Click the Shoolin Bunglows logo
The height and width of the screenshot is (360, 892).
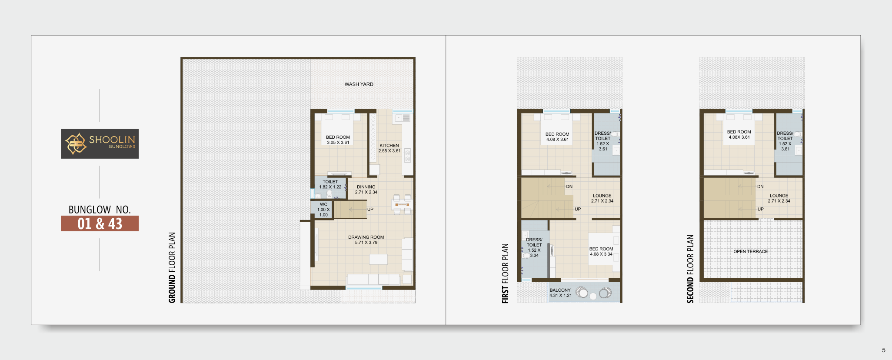click(x=100, y=143)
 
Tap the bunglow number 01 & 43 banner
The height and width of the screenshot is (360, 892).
click(x=100, y=223)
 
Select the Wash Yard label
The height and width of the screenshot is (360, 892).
click(x=359, y=84)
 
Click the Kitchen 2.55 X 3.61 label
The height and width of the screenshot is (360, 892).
click(x=389, y=148)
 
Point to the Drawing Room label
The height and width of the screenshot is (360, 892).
click(x=366, y=237)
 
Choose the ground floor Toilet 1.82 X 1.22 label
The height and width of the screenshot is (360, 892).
click(x=330, y=184)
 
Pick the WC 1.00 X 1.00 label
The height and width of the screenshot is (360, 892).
click(x=323, y=210)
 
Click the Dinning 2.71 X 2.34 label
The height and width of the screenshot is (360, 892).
click(x=366, y=190)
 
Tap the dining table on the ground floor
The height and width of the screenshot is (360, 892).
click(x=402, y=204)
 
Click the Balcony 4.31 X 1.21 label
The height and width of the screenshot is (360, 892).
click(x=560, y=293)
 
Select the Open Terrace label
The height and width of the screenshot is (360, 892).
click(x=751, y=251)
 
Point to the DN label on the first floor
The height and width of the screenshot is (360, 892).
click(x=569, y=187)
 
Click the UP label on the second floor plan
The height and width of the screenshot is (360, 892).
click(x=761, y=209)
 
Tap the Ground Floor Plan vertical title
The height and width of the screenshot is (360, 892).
click(x=172, y=267)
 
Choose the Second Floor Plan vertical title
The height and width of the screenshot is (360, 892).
click(x=690, y=269)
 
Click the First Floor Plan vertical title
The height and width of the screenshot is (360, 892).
click(x=505, y=273)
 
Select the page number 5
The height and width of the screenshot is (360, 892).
click(x=884, y=350)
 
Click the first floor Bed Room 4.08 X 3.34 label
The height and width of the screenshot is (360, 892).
click(x=601, y=252)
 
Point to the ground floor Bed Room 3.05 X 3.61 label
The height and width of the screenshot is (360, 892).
click(x=338, y=140)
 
